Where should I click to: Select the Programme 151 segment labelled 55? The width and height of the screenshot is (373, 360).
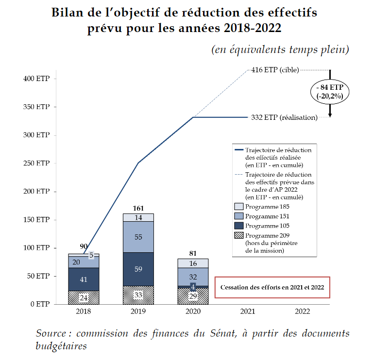138,237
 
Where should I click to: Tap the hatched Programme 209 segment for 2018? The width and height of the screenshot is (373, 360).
84,297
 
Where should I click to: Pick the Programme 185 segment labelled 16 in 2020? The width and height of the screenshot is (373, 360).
193,263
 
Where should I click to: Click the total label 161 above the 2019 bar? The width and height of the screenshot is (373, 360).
138,209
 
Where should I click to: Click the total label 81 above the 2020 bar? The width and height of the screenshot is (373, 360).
193,254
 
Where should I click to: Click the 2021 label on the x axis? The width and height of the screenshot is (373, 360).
248,311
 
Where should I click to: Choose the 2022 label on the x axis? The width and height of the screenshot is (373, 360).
302,311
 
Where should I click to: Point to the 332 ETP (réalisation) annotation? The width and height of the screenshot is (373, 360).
284,117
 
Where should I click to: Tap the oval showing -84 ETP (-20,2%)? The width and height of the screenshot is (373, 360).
330,91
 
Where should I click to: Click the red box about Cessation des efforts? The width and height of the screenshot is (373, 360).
272,287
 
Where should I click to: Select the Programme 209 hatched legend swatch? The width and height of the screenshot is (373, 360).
238,235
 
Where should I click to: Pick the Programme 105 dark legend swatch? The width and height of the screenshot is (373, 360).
238,226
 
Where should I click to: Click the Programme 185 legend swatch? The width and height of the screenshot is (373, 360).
238,206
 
